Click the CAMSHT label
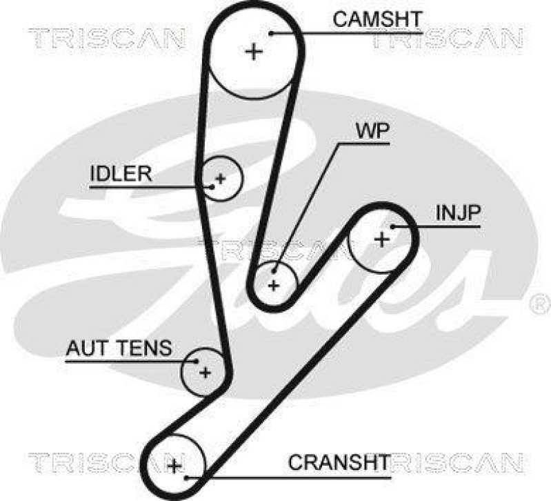point(376,19)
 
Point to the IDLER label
point(120,173)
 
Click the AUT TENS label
point(118,348)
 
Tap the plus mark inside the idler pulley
point(220,179)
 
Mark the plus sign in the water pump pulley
point(274,284)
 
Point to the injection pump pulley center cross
point(381,239)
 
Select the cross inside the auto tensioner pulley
point(204,373)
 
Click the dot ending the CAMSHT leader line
point(272,32)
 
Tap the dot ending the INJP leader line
point(393,225)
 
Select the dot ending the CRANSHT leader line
point(186,476)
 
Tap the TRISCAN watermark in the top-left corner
point(108,39)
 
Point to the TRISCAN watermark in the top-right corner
point(447,39)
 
